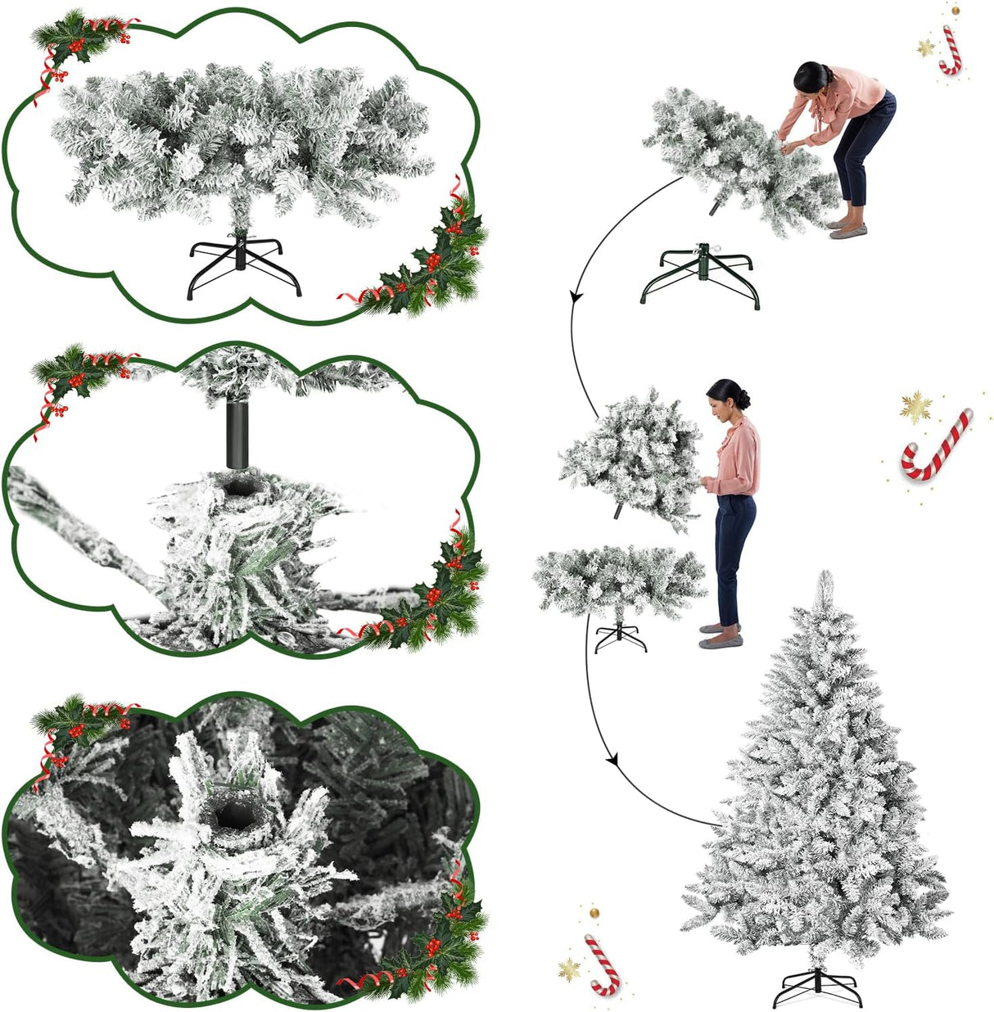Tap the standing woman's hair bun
point(743,399)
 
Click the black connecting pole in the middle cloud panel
point(237,434)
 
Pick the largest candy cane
point(937,446)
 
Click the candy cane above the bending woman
point(950,51)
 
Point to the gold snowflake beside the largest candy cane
point(915,406)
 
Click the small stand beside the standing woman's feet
point(621,636)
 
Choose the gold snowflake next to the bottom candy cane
point(569,969)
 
